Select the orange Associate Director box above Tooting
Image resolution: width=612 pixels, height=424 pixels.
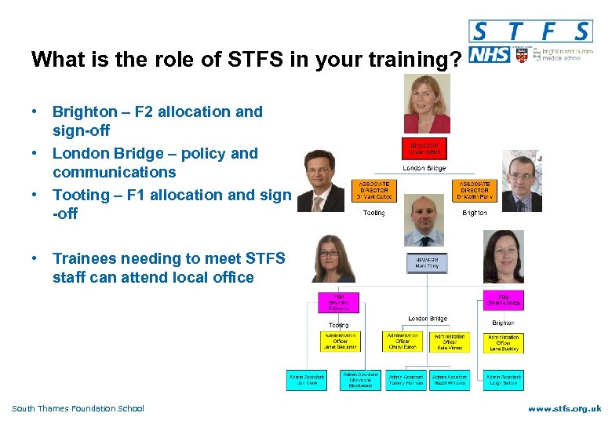click(373, 191)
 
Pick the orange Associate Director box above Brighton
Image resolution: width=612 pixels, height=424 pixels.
click(474, 191)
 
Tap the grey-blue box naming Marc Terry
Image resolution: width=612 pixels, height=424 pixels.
click(427, 262)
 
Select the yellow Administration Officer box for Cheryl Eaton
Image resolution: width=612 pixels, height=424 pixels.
click(403, 342)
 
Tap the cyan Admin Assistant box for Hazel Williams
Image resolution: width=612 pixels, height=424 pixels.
click(450, 380)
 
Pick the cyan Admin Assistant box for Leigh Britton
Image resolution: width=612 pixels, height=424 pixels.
click(504, 380)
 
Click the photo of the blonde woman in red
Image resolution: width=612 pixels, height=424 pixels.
click(427, 105)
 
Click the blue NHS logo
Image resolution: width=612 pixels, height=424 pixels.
click(488, 55)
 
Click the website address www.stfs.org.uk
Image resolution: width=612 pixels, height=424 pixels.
click(564, 409)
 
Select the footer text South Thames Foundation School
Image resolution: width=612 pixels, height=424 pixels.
click(78, 408)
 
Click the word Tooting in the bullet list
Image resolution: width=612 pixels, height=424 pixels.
click(81, 195)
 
